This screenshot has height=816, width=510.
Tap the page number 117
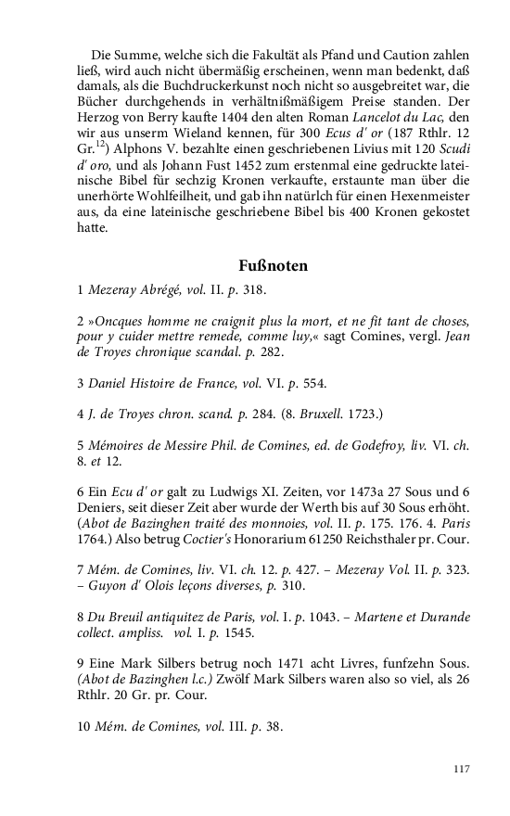pyautogui.click(x=462, y=769)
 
